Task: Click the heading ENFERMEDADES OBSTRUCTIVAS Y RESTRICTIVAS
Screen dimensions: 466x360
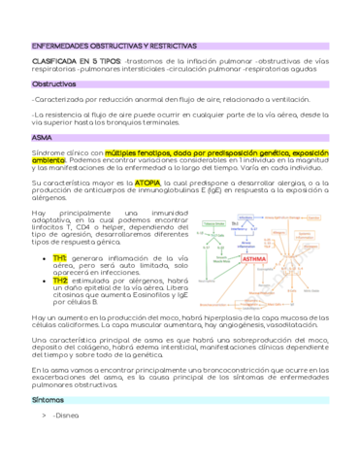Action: pos(115,46)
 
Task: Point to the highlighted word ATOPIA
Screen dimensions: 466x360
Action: pos(148,182)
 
